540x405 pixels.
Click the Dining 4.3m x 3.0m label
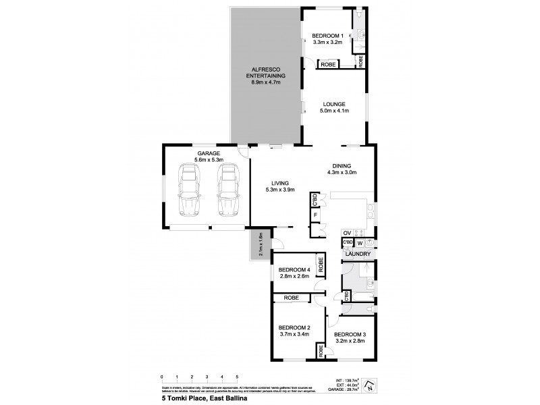tap(344, 169)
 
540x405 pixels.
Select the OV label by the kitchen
tap(347, 233)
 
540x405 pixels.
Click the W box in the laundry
tap(360, 242)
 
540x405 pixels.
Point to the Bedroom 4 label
tap(294, 271)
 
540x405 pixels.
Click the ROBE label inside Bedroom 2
tap(292, 297)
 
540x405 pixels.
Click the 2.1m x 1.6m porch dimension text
tap(261, 244)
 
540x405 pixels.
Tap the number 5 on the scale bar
tap(237, 377)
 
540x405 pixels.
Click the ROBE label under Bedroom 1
tap(328, 64)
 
